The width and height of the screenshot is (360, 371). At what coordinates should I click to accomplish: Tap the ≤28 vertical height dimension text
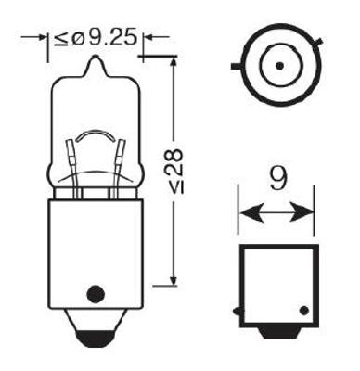[x=176, y=167]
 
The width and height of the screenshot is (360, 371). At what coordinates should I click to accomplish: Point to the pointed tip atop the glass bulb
[x=94, y=63]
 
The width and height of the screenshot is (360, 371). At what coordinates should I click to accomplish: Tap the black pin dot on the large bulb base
[x=92, y=295]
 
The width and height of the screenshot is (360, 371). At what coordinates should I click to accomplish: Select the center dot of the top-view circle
[x=277, y=68]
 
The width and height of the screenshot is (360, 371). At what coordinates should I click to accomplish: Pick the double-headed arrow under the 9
[x=276, y=213]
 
